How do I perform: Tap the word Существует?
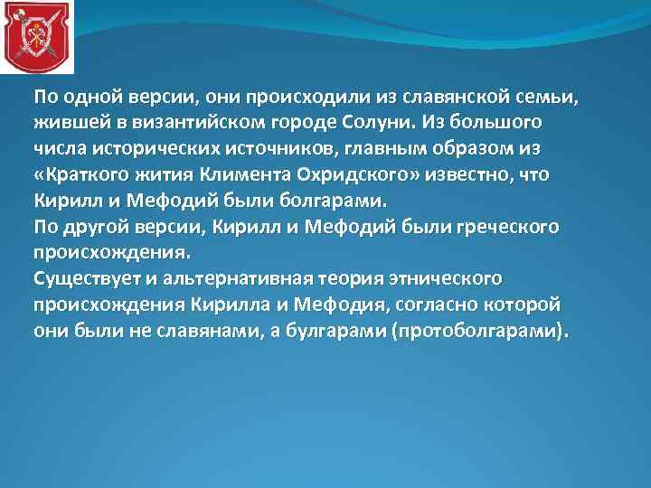tap(82, 277)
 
